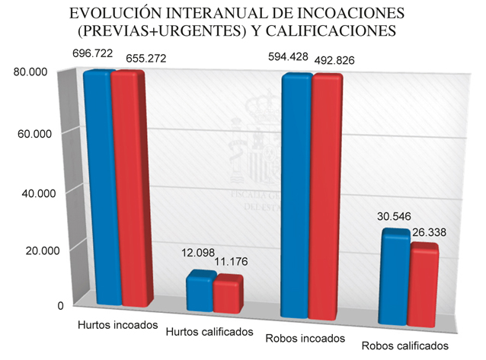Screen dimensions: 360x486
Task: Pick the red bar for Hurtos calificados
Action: coord(227,293)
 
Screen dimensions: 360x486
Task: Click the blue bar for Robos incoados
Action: coord(296,196)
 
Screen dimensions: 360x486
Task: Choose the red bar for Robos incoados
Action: coord(326,196)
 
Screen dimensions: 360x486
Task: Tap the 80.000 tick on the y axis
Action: coord(32,72)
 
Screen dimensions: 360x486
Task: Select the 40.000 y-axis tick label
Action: coord(32,194)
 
